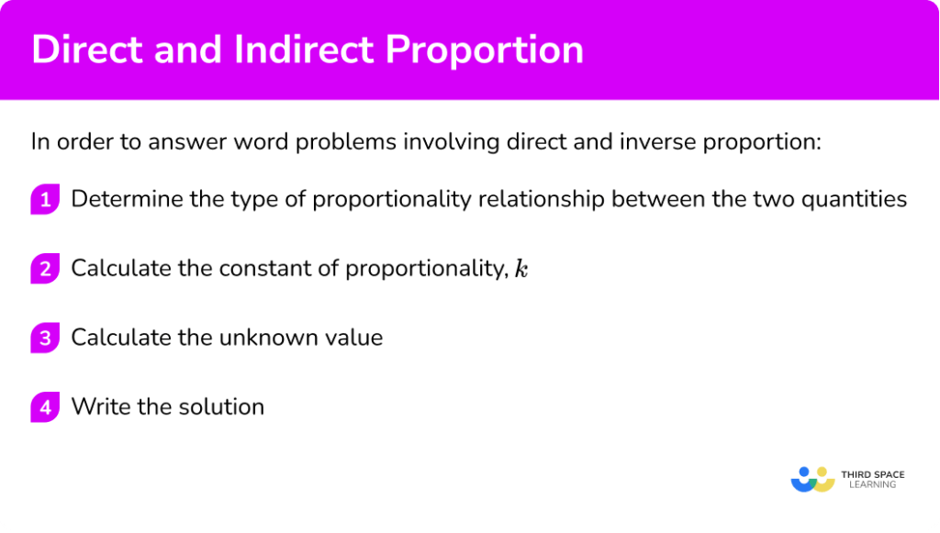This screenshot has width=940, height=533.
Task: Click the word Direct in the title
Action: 82,50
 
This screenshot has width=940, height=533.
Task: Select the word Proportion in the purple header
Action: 485,50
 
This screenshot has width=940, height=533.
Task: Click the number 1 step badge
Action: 44,199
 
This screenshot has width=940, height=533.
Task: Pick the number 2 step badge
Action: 44,269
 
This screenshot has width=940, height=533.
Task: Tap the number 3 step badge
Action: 44,338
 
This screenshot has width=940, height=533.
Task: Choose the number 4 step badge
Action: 44,406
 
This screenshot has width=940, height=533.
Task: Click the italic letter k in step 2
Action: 521,269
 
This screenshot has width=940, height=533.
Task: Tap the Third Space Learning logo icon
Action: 812,478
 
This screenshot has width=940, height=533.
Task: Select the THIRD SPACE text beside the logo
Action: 873,473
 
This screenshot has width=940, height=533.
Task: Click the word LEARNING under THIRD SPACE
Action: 873,484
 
